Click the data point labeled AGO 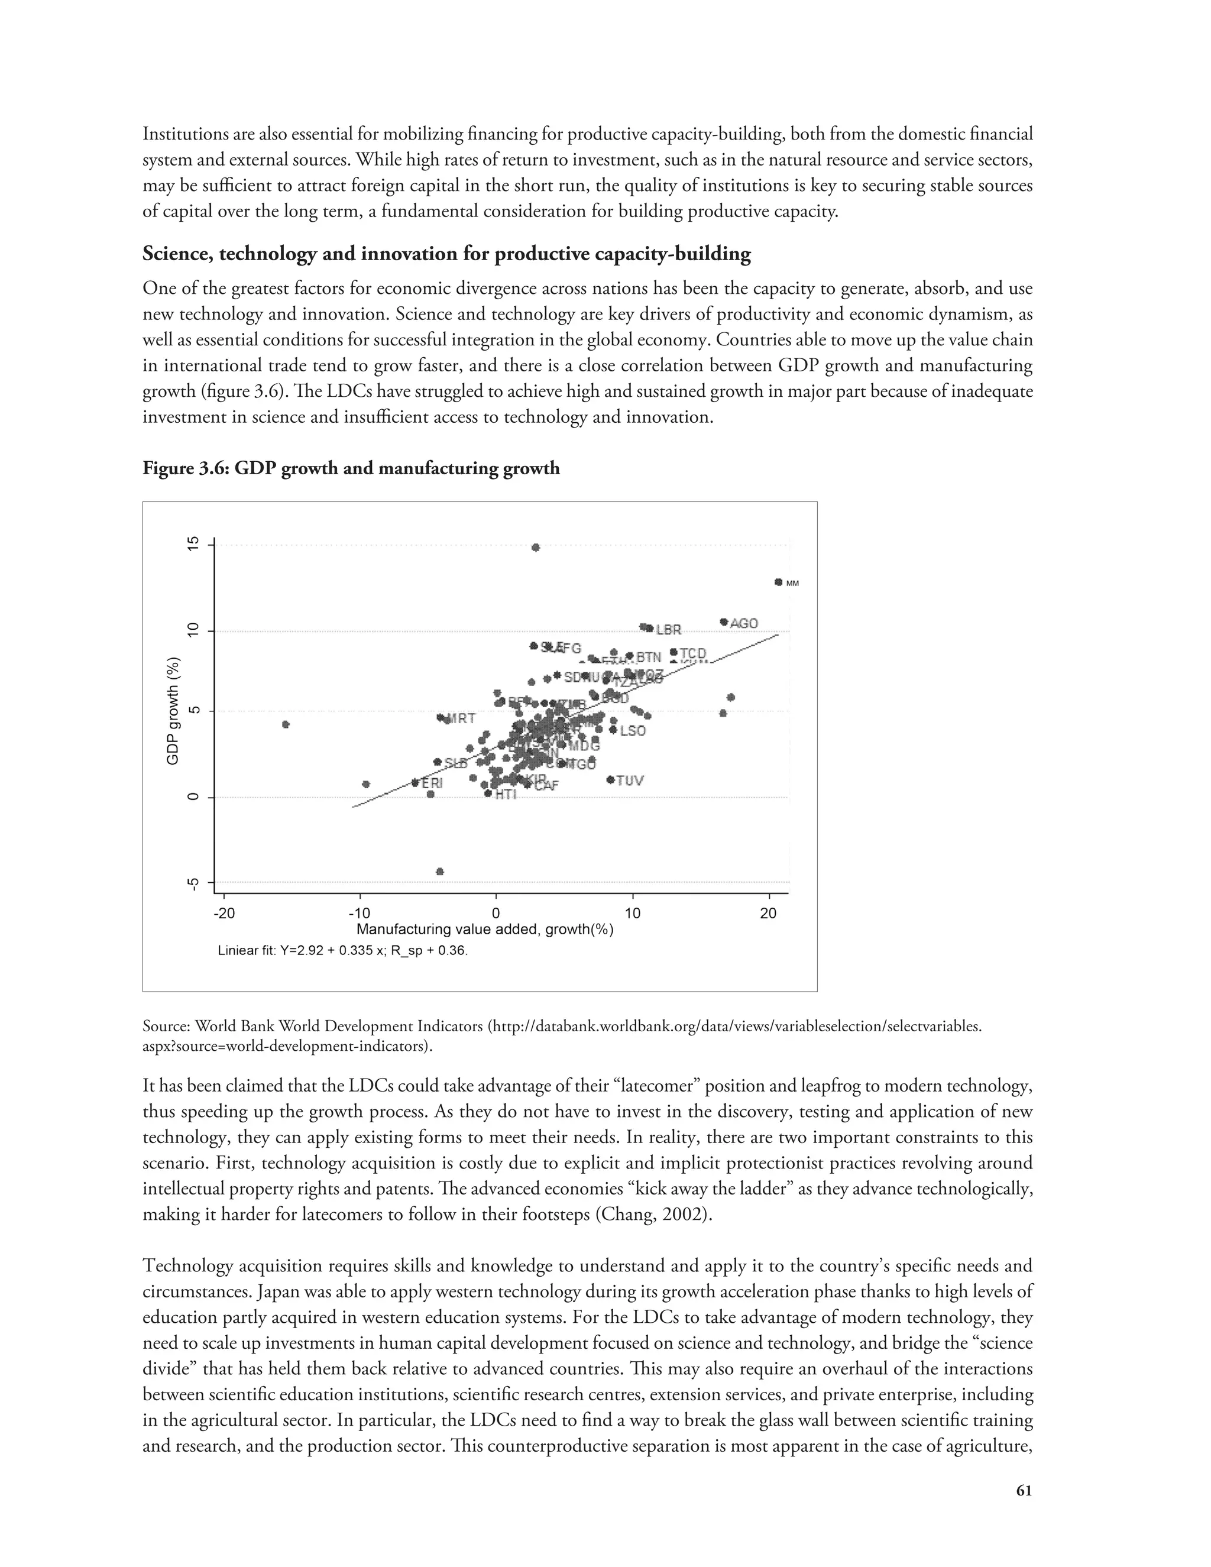coord(724,622)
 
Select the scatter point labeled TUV coord(610,779)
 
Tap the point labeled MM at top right coord(778,582)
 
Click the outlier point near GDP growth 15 coord(535,548)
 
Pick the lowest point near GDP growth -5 coord(440,872)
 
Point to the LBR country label coord(669,630)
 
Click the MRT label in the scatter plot coord(461,718)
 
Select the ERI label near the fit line coord(432,783)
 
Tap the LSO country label coord(633,731)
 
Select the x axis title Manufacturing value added coord(485,930)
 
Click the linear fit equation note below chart coord(342,951)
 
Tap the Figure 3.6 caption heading coord(351,468)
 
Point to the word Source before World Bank coord(166,1026)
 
